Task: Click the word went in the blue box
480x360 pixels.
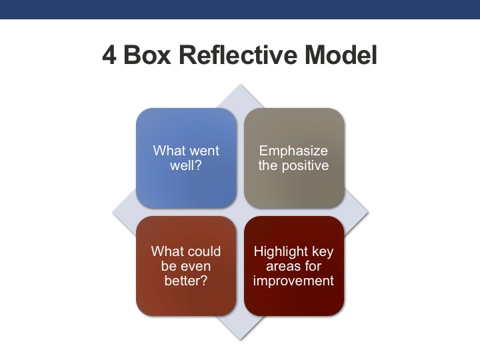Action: [203, 150]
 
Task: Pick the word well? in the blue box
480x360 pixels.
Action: [186, 165]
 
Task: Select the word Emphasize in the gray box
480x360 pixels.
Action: [293, 150]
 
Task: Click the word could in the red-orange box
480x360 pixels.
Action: [203, 251]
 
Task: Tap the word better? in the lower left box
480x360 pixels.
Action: [186, 281]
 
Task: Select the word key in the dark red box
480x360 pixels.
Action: [321, 251]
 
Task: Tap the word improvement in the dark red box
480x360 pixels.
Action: [293, 281]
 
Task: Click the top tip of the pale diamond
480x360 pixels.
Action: [240, 85]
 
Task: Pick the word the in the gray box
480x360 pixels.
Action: [269, 165]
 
